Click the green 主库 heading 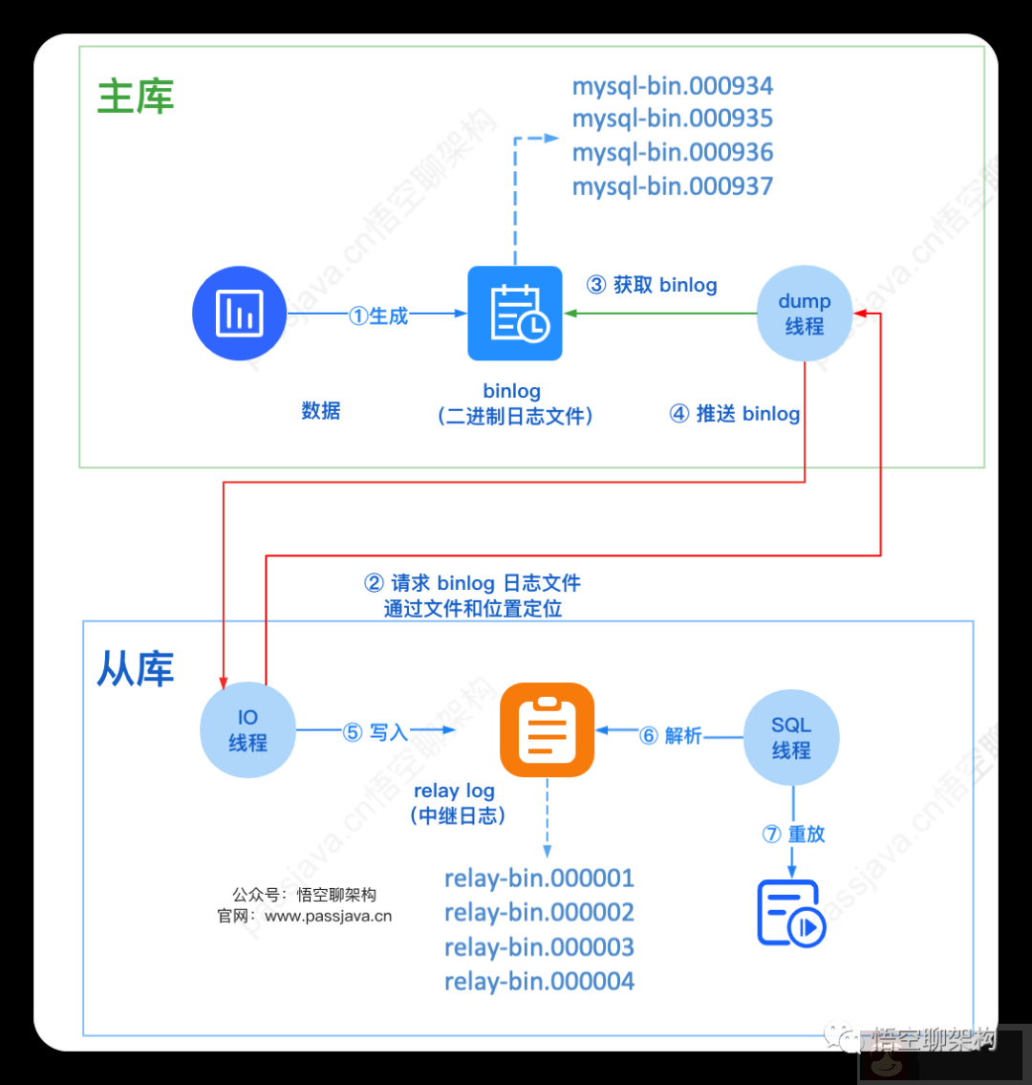[136, 98]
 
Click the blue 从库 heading [136, 669]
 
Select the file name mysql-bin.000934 [672, 86]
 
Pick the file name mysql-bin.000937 [672, 185]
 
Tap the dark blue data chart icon [240, 313]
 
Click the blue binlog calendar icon [515, 313]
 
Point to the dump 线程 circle [804, 314]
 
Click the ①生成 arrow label [378, 315]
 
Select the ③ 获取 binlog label [652, 285]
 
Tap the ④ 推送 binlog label [734, 414]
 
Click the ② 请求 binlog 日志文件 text [473, 583]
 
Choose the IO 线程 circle [247, 730]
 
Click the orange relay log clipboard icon [548, 729]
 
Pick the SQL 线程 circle [791, 738]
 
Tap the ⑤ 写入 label [376, 732]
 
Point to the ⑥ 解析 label [671, 735]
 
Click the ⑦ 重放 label [793, 834]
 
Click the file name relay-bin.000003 [539, 947]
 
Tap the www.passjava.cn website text [328, 916]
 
